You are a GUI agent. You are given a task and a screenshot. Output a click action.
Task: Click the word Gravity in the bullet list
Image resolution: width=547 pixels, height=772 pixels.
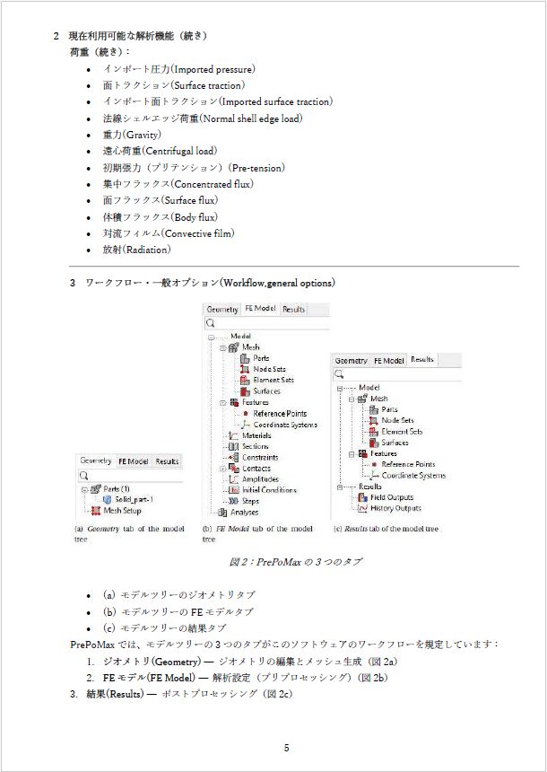[x=143, y=135]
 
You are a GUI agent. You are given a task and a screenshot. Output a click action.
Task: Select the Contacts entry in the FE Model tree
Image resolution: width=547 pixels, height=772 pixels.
[x=257, y=469]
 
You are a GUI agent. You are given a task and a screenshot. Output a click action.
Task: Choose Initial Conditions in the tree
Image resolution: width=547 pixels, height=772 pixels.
[x=268, y=490]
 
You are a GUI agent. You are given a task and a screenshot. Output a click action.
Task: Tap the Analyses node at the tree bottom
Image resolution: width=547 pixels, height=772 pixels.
[x=244, y=513]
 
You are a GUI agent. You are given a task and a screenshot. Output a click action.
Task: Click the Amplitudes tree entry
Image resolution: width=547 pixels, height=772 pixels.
[x=259, y=479]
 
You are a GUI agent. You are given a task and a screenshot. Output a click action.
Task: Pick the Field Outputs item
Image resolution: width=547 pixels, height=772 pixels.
[x=391, y=497]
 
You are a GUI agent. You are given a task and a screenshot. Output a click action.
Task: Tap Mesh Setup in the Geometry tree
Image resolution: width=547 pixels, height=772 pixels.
[x=123, y=510]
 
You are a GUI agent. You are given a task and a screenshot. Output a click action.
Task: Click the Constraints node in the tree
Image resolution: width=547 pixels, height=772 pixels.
[x=259, y=458]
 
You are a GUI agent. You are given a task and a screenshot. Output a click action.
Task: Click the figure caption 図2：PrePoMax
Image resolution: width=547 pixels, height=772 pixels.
[x=296, y=562]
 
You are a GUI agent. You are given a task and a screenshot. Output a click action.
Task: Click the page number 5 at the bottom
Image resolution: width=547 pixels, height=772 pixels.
[x=286, y=749]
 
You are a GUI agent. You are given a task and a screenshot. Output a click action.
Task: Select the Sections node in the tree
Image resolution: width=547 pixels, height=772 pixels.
[x=255, y=446]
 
